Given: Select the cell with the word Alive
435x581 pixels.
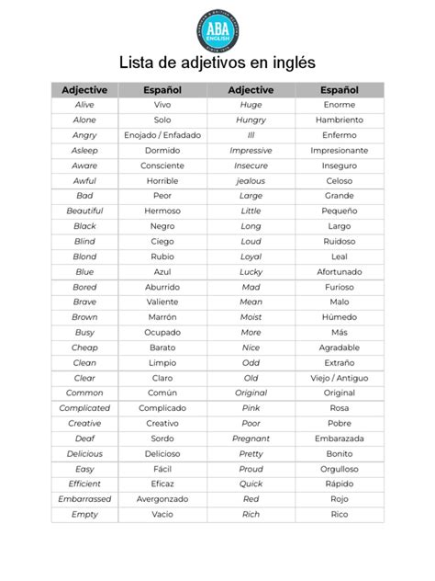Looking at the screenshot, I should [84, 105].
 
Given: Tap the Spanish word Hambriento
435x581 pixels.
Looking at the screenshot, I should [339, 120].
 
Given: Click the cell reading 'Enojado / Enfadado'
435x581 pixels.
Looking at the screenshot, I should [162, 135].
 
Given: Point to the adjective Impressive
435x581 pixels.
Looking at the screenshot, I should [251, 150].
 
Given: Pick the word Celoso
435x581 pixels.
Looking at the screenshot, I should [339, 181].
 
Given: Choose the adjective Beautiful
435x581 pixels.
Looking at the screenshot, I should [84, 211].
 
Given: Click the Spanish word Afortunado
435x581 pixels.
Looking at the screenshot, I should [339, 272].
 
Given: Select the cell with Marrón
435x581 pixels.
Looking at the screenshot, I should [162, 317].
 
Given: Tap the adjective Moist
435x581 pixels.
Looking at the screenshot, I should [251, 317].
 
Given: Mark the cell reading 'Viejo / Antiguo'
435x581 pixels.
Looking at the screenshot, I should [339, 378].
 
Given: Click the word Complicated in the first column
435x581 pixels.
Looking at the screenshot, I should [84, 408].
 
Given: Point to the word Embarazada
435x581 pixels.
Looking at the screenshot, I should [339, 439].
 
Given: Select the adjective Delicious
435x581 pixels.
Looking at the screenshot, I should [84, 453].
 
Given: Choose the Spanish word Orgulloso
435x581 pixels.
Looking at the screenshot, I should [339, 469].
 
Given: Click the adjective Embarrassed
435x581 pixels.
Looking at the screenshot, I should [84, 499].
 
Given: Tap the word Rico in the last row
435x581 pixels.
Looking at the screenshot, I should [339, 514].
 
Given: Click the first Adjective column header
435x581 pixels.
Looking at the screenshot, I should [84, 90].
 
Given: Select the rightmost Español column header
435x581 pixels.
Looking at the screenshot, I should [339, 90].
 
